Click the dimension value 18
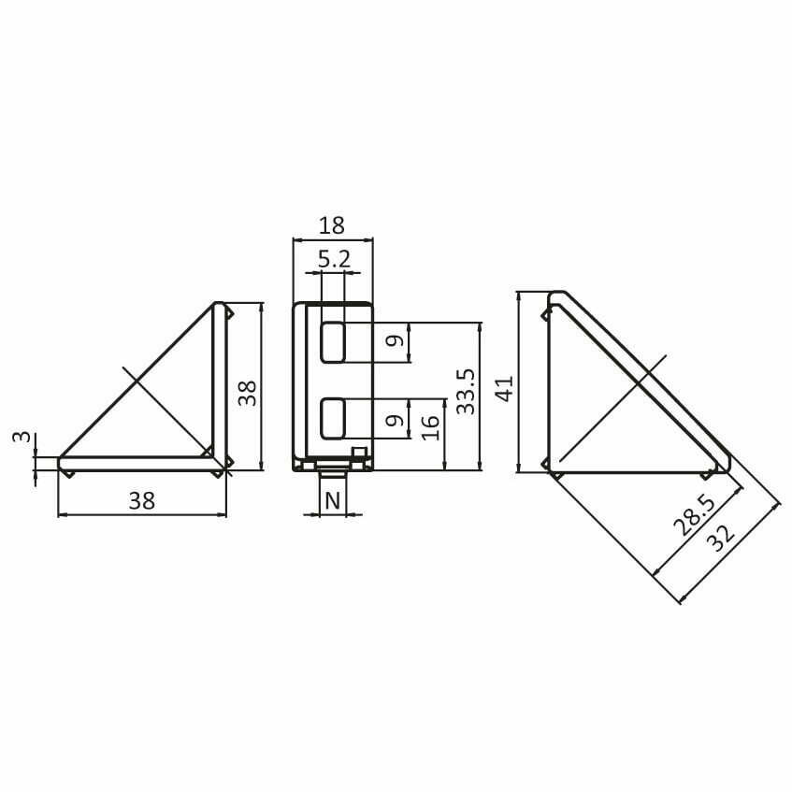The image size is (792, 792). click(332, 225)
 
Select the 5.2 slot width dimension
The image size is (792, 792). click(334, 260)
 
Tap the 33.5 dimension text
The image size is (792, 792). click(466, 392)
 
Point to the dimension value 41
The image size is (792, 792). click(505, 388)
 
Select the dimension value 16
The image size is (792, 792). click(430, 427)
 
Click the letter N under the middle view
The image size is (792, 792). click(332, 501)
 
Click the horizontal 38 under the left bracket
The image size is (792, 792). click(142, 501)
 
